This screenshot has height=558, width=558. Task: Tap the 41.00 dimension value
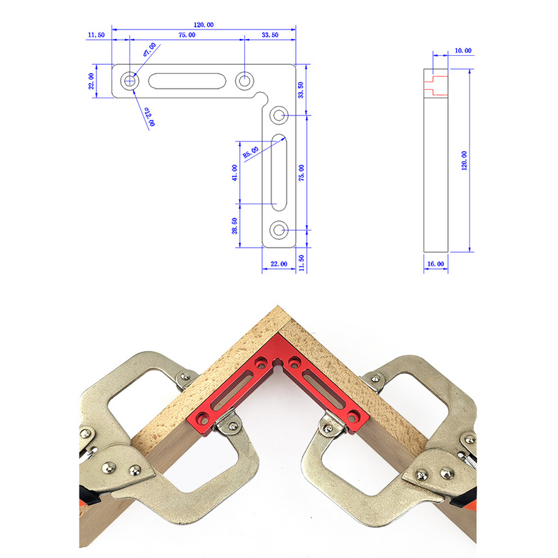click(x=234, y=172)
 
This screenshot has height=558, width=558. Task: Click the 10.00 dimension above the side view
click(x=463, y=51)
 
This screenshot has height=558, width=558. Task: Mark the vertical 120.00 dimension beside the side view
click(x=465, y=160)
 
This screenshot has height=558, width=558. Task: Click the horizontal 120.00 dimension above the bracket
click(x=204, y=24)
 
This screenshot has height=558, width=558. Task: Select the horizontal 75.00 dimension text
click(x=186, y=34)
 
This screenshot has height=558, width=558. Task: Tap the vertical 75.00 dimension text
click(x=301, y=172)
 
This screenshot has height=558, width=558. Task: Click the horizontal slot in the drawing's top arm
click(x=186, y=81)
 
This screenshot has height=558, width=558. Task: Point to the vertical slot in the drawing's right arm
click(x=278, y=172)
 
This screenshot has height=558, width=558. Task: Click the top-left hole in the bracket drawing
click(x=129, y=81)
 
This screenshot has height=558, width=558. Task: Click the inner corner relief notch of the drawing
click(x=263, y=97)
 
